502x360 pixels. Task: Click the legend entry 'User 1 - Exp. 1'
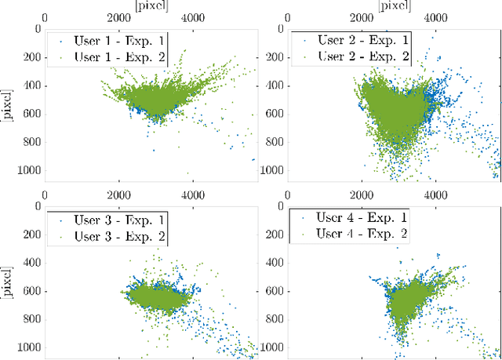click(115, 39)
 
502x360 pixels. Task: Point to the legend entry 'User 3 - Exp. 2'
click(115, 236)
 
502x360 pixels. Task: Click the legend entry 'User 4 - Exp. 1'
click(360, 217)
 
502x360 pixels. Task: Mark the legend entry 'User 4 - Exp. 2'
click(360, 233)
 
